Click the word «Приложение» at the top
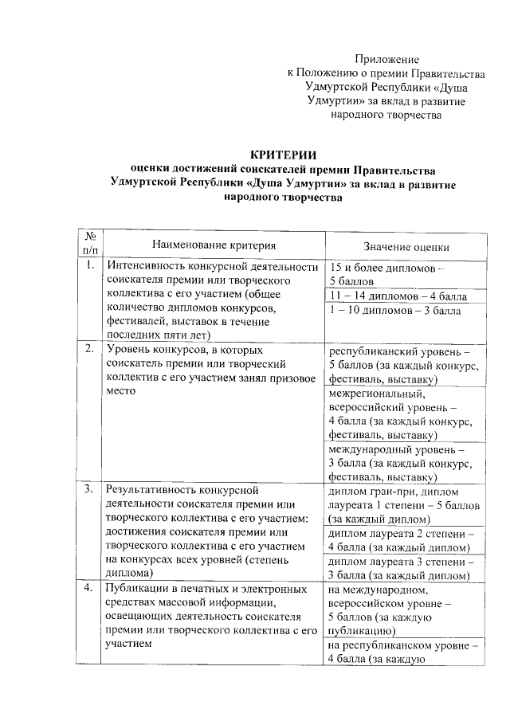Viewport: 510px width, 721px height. pos(386,60)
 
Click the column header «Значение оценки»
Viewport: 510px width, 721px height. pos(406,246)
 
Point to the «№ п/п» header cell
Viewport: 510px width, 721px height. pos(90,243)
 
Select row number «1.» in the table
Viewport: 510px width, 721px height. pos(90,267)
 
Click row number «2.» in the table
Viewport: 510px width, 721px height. pos(90,349)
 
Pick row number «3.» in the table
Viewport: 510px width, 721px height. pos(90,488)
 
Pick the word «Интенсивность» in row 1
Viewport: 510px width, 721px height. pos(147,267)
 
